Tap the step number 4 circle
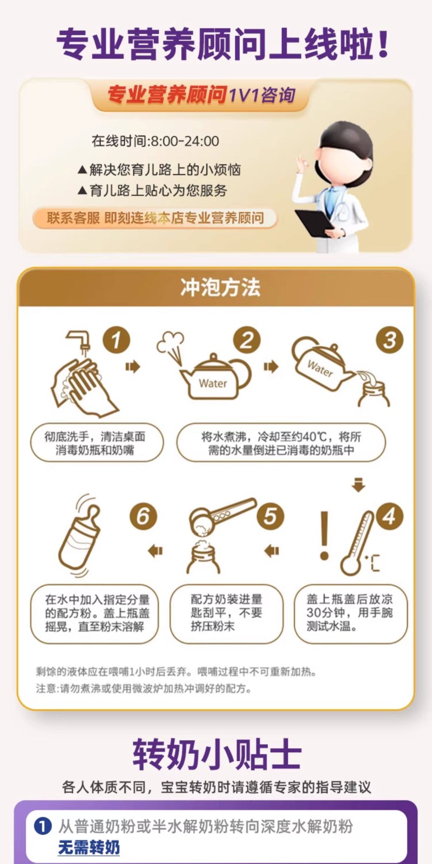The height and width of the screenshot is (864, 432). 389,516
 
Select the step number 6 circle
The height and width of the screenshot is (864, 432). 143,516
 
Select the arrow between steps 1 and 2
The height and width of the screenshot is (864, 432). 133,367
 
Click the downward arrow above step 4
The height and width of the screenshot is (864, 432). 359,484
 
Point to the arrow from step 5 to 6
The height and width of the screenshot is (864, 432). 156,550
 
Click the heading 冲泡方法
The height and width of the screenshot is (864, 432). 220,287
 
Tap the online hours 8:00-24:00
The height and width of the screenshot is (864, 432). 185,141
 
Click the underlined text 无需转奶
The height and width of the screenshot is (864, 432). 89,848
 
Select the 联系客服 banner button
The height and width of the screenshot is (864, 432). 155,218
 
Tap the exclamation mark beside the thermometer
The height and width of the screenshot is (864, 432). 325,535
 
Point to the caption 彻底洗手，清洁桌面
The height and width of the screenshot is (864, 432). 95,437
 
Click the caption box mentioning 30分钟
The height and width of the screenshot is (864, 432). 350,613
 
